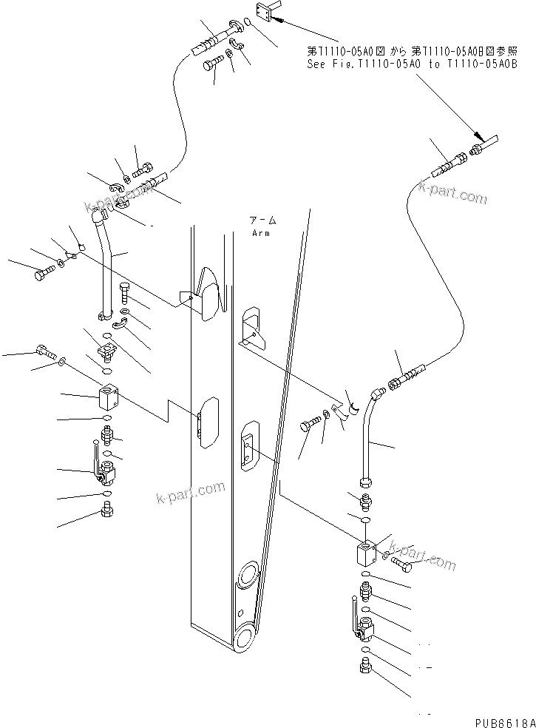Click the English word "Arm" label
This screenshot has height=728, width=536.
(261, 233)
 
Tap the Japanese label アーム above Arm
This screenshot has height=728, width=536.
(262, 220)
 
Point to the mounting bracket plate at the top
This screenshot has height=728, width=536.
(264, 10)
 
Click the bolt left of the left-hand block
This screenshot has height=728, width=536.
(46, 351)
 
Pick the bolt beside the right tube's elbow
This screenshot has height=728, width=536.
(310, 425)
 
